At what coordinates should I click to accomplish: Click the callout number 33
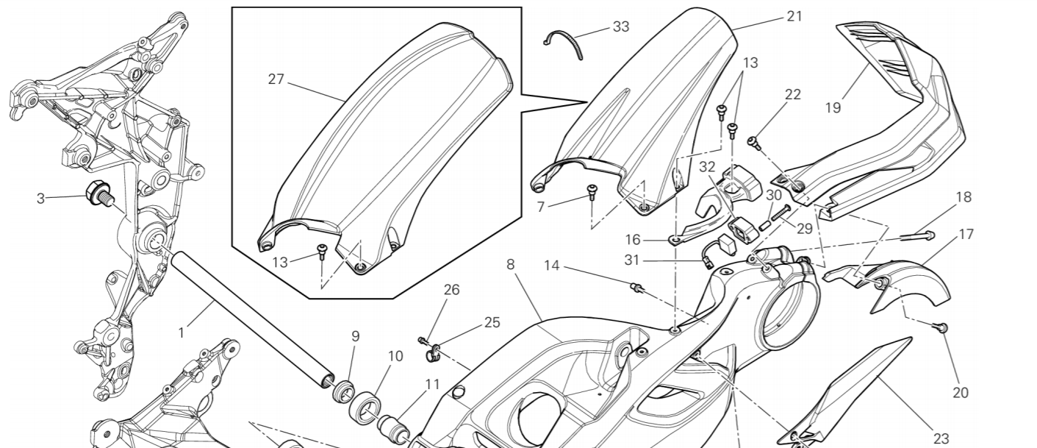pos(621,27)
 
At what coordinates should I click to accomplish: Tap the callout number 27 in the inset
pos(276,79)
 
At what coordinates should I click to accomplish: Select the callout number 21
pos(794,15)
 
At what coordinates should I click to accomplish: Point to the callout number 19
pos(832,107)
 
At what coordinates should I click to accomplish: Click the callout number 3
pos(41,197)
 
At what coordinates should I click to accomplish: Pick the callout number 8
pos(511,263)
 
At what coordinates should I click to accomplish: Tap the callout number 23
pos(941,438)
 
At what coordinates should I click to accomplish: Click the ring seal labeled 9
pos(343,389)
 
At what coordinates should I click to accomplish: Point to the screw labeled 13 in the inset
pos(321,252)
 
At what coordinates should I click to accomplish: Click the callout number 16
pos(634,240)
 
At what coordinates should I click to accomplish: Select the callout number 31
pos(632,260)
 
